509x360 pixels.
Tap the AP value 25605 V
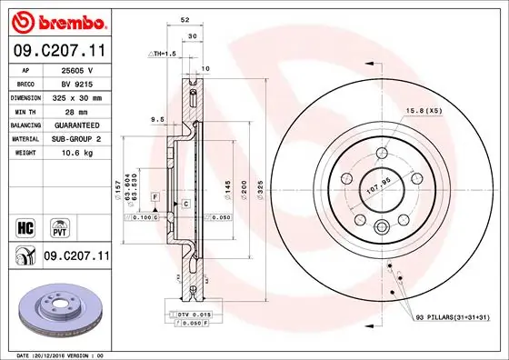pyautogui.click(x=78, y=69)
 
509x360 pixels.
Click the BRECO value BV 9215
pyautogui.click(x=78, y=83)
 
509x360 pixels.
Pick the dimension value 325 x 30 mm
pyautogui.click(x=78, y=96)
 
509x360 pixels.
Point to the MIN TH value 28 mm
pyautogui.click(x=78, y=110)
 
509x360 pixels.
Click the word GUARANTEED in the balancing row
pyautogui.click(x=78, y=124)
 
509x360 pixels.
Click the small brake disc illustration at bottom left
pyautogui.click(x=58, y=314)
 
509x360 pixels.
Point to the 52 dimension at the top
pyautogui.click(x=185, y=19)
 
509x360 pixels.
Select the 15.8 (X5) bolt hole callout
pyautogui.click(x=424, y=111)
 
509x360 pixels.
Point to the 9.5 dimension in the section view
pyautogui.click(x=158, y=118)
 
